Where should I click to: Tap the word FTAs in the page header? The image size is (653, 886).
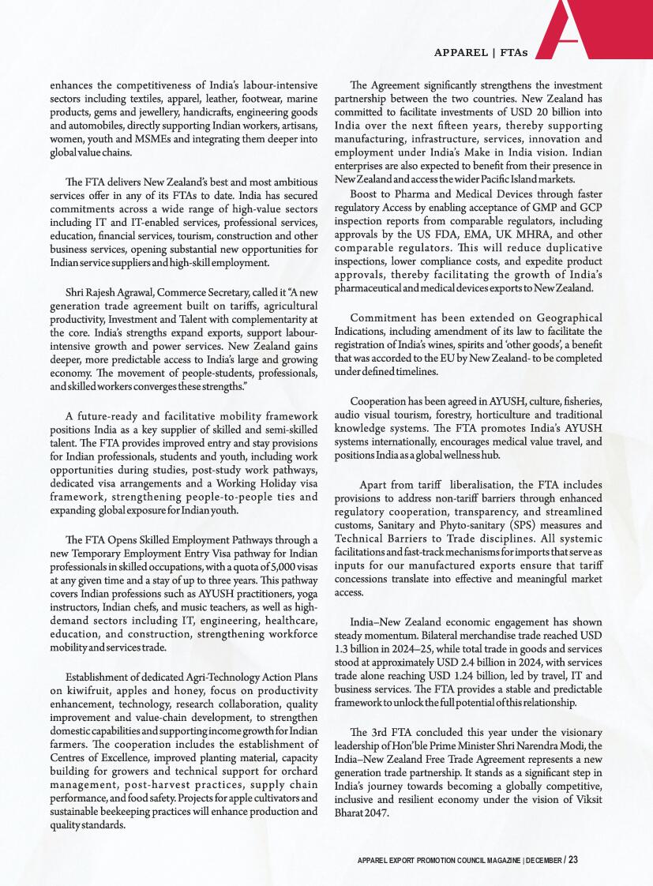[512, 52]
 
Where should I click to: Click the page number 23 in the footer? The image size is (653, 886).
[572, 858]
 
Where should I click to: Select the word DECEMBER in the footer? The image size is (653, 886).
[542, 858]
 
